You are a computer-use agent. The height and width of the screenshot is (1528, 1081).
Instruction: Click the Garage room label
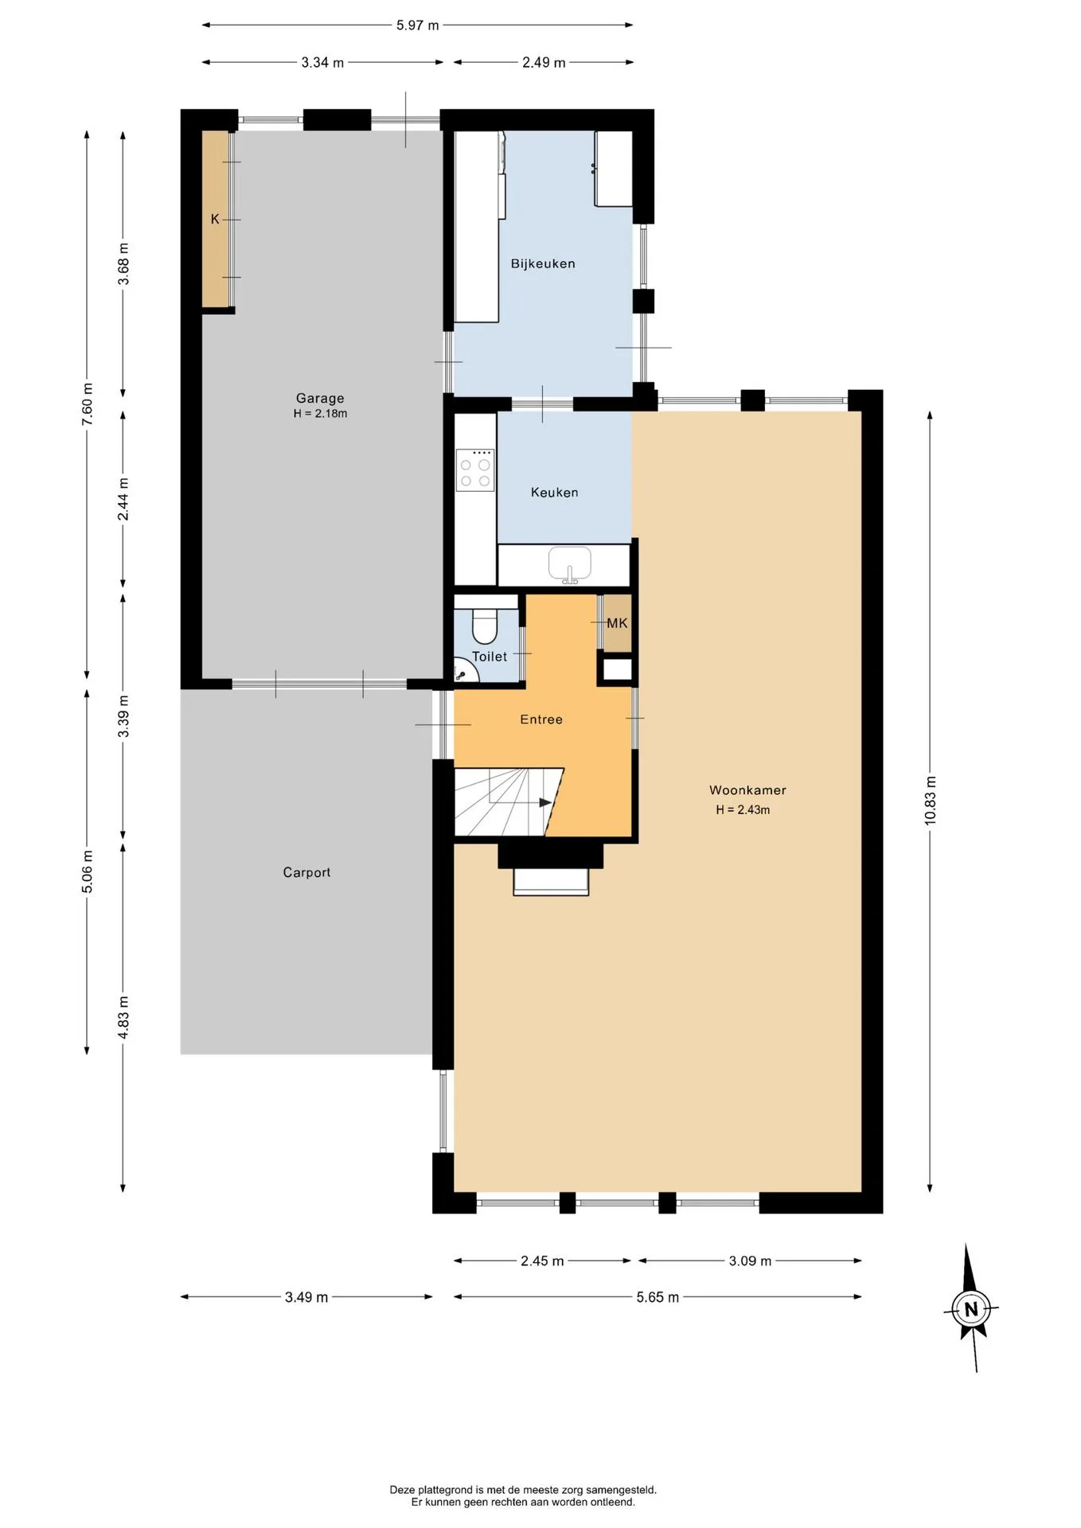320,398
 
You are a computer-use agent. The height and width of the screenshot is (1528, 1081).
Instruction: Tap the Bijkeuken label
543,263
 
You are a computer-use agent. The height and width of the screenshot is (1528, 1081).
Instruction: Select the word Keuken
555,493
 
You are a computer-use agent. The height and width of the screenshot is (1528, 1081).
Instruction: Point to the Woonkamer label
747,790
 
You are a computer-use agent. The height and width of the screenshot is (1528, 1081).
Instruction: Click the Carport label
306,872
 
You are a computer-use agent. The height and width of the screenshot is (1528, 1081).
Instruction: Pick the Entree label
541,719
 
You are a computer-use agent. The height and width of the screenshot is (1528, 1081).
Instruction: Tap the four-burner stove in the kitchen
475,470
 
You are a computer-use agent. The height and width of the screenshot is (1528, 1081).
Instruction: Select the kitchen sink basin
569,563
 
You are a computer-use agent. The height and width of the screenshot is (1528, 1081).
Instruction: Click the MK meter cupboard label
617,623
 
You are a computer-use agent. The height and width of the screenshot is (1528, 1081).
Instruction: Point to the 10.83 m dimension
930,800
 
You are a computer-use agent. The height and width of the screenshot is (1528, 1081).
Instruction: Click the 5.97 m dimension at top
418,25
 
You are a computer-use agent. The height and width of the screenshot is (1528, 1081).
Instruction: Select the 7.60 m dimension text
88,404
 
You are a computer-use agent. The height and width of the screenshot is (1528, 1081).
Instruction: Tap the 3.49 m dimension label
306,1297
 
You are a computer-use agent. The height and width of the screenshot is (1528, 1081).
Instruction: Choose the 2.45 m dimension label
542,1261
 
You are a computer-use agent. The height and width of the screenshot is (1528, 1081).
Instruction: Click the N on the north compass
970,1309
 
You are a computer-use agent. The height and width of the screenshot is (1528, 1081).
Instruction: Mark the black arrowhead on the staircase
545,802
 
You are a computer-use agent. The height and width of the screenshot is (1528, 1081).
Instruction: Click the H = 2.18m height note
320,414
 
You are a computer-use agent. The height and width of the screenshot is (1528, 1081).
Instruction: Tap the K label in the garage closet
215,219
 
